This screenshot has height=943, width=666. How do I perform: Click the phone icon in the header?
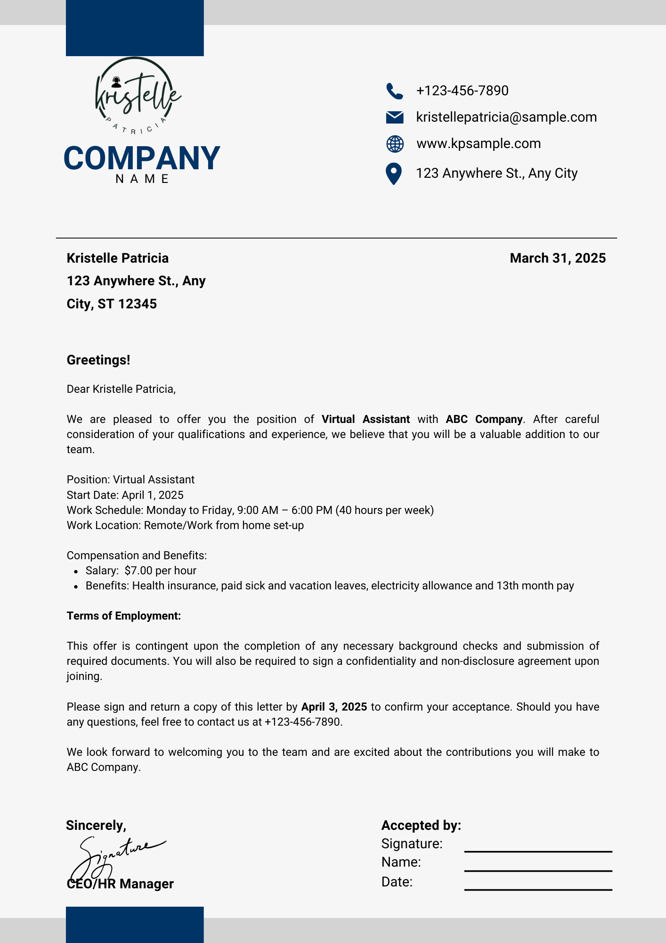(x=394, y=91)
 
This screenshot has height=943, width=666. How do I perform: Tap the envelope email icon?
(x=394, y=117)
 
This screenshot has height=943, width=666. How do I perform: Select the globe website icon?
(x=395, y=144)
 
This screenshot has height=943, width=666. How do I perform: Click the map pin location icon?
(x=393, y=174)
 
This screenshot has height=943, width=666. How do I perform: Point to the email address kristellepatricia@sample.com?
(x=506, y=117)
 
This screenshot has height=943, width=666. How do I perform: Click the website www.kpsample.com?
(x=479, y=144)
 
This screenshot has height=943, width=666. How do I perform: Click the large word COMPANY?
(x=142, y=158)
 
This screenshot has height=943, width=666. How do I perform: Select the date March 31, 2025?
(x=558, y=258)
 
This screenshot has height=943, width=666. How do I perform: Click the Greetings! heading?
(x=98, y=360)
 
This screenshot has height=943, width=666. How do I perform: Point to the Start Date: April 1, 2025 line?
(x=125, y=495)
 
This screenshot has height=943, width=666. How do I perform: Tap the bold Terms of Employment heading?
(x=124, y=616)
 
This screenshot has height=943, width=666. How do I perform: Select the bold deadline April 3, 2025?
(x=334, y=707)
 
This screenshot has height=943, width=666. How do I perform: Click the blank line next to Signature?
(x=538, y=851)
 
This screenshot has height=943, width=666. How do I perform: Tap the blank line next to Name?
(x=538, y=870)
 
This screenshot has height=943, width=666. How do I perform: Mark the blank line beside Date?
(x=538, y=889)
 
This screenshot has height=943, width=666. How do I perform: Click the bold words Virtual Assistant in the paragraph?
(x=365, y=420)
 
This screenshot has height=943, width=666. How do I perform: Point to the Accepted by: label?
(x=421, y=826)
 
